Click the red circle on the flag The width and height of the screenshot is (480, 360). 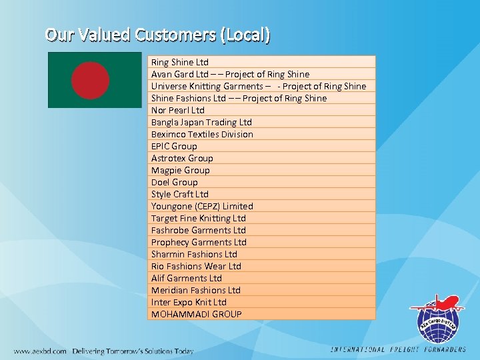tap(91, 79)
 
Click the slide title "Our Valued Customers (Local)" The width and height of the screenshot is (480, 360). tap(158, 34)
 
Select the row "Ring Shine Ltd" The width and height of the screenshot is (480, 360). tap(180, 62)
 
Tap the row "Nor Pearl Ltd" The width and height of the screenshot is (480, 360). tap(178, 110)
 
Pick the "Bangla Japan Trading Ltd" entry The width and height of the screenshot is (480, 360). tap(201, 122)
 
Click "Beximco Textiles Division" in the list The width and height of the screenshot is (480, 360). tap(202, 134)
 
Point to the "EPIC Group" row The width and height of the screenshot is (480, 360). tap(174, 146)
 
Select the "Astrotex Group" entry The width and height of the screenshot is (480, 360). tap(182, 158)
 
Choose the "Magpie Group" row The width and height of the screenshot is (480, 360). tap(180, 170)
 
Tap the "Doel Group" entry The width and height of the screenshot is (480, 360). tap(175, 182)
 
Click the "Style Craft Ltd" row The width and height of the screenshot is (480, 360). tap(180, 194)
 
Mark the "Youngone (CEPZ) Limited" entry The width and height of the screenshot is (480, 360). tap(202, 206)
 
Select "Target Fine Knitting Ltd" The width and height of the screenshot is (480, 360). tap(199, 218)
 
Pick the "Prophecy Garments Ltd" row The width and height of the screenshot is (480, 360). tap(199, 242)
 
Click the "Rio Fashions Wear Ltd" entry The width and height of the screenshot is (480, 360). tap(196, 266)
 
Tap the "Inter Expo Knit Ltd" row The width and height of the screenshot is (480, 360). tap(189, 302)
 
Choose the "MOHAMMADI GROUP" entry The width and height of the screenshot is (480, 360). tap(197, 314)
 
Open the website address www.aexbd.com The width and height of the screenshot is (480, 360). tap(40, 351)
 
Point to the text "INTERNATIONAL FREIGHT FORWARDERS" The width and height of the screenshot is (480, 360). tap(399, 349)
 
